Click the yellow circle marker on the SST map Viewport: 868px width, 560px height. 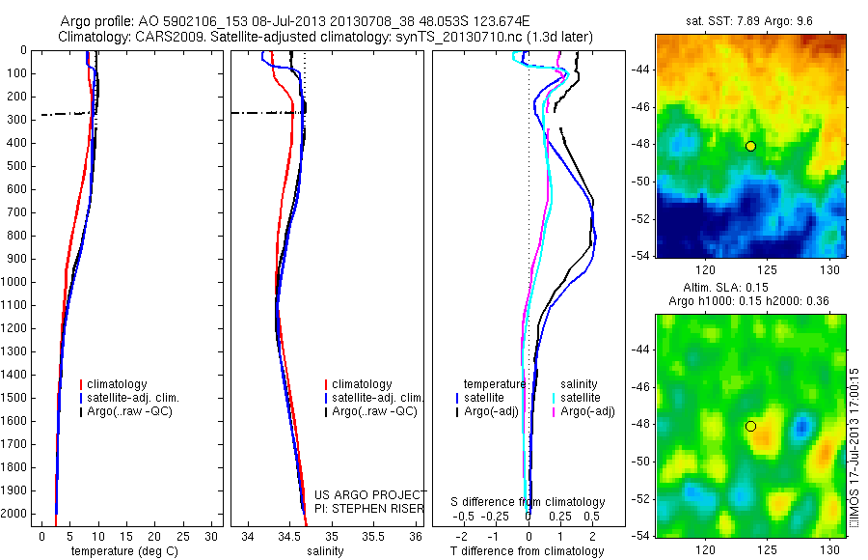[x=750, y=146]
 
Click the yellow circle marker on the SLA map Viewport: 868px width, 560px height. [x=750, y=426]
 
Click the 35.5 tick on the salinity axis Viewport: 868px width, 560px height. [x=373, y=536]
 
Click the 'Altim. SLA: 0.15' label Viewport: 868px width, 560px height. [x=751, y=287]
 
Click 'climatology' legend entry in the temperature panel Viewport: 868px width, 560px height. [x=118, y=384]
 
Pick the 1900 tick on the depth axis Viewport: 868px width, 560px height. [x=16, y=490]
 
